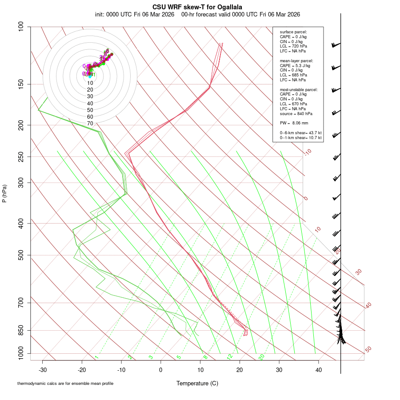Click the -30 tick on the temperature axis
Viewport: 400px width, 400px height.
click(x=43, y=369)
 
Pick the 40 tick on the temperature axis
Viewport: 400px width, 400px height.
click(x=318, y=369)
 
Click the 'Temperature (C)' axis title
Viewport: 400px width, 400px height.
click(x=197, y=383)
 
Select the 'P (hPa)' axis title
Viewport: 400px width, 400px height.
click(x=4, y=194)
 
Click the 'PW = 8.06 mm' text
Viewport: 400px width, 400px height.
click(x=294, y=123)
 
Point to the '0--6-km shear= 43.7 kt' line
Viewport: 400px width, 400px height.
click(x=301, y=133)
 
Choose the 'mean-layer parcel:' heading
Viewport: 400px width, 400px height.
click(x=296, y=60)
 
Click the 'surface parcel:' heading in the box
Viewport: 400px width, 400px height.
click(x=293, y=32)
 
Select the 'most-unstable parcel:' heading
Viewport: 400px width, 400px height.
click(x=299, y=89)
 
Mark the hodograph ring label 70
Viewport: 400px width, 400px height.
click(x=90, y=124)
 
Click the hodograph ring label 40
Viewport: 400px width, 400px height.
click(x=90, y=103)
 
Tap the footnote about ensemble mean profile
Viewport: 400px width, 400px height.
click(x=65, y=383)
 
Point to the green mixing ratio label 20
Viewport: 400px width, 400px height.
click(x=261, y=356)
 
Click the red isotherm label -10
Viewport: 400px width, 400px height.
click(x=308, y=152)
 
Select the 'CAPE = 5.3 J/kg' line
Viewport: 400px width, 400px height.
click(x=295, y=65)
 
